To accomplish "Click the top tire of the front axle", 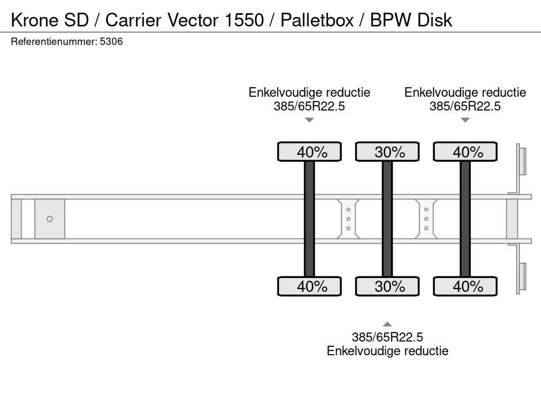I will (310, 152).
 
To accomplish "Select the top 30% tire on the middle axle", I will (387, 152).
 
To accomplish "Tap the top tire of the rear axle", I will (465, 152).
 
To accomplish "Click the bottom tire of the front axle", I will (310, 286).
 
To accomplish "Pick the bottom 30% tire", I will (387, 286).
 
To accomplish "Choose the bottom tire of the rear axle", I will (465, 286).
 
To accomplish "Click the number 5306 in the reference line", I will (111, 42).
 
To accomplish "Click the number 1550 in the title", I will (244, 20).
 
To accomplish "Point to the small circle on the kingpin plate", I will (50, 219).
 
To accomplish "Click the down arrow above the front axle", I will (310, 120).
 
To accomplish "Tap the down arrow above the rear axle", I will (465, 120).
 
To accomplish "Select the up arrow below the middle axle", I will (387, 325).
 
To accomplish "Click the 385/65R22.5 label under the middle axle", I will (387, 337).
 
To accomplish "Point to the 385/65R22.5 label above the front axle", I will (309, 106).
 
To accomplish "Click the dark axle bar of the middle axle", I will (387, 219).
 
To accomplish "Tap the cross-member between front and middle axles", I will (349, 219).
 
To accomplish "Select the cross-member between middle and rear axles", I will (426, 219).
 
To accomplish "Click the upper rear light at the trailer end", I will (523, 161).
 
